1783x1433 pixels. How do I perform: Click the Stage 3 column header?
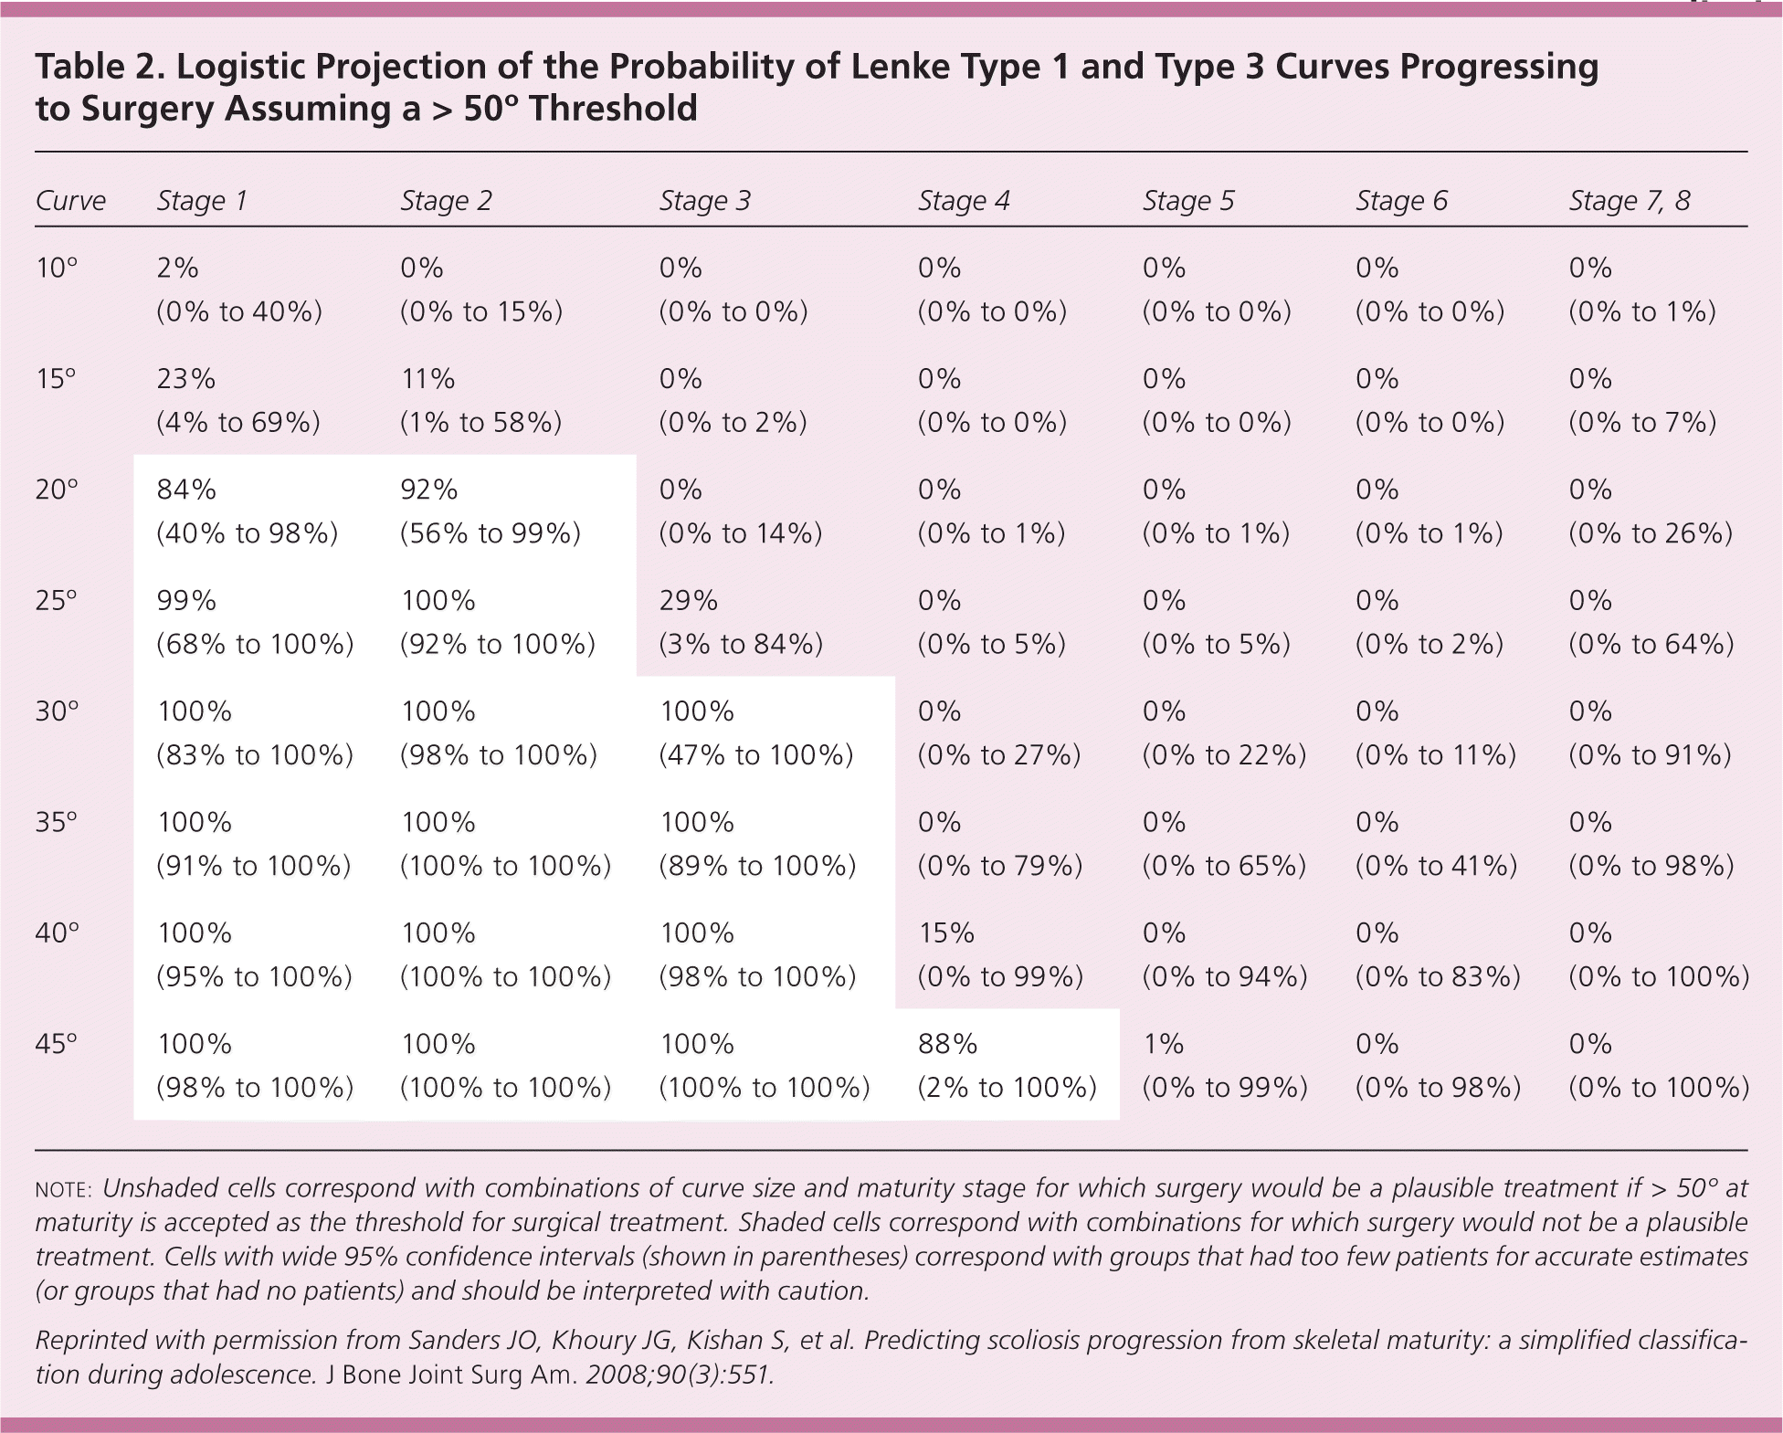coord(704,201)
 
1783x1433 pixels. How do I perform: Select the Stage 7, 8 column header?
coord(1629,201)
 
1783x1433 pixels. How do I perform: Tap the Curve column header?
coord(70,201)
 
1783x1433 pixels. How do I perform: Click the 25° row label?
coord(57,600)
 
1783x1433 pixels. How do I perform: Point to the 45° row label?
coord(57,1043)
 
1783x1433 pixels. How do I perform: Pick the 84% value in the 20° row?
coord(186,490)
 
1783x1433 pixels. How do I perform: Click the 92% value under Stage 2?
coord(428,490)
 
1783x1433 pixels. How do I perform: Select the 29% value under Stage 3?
coord(688,600)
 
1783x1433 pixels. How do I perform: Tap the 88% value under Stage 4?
coord(947,1043)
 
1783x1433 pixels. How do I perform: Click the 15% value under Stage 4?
coord(945,933)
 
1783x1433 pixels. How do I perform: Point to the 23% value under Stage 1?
coord(186,378)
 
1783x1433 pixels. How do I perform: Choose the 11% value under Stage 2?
coord(427,378)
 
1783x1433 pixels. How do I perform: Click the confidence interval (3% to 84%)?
coord(741,644)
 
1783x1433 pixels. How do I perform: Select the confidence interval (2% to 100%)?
coord(1007,1087)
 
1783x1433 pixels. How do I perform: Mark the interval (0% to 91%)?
coord(1650,754)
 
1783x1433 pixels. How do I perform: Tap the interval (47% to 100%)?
coord(756,754)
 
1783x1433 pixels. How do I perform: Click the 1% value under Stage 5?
coord(1164,1043)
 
